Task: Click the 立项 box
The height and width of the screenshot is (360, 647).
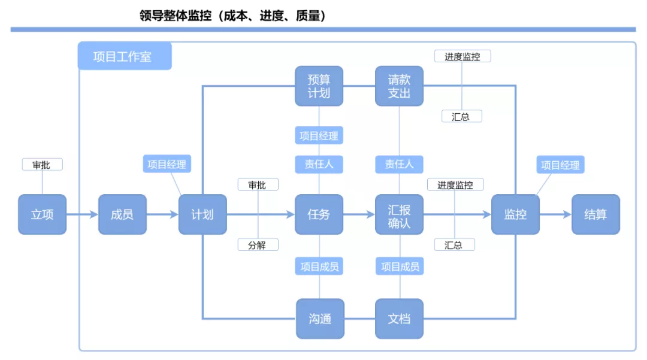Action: coord(42,214)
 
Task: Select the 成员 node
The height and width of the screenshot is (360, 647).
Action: coord(122,214)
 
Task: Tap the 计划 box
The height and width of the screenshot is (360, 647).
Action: coord(202,214)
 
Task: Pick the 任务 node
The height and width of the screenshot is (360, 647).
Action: coord(319,214)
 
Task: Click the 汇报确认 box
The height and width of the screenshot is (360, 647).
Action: coord(399,214)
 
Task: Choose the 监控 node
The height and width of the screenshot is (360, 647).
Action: coord(515,214)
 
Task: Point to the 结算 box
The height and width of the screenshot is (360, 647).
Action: coord(595,214)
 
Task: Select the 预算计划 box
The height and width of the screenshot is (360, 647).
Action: coord(319,86)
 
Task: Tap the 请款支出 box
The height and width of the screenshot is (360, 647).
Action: coord(399,86)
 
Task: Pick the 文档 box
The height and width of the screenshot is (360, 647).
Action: coord(399,319)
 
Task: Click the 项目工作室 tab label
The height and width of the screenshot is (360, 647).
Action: coord(123,57)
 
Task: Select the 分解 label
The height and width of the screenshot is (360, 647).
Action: coord(258,244)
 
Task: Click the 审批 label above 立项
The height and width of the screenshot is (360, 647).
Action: coord(42,165)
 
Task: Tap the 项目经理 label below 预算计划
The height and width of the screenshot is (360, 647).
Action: coord(319,136)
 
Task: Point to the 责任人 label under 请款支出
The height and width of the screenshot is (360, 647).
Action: coord(399,164)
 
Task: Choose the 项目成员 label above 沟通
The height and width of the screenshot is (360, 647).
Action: coord(319,267)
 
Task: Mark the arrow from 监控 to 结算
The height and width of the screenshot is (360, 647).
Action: coord(555,214)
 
